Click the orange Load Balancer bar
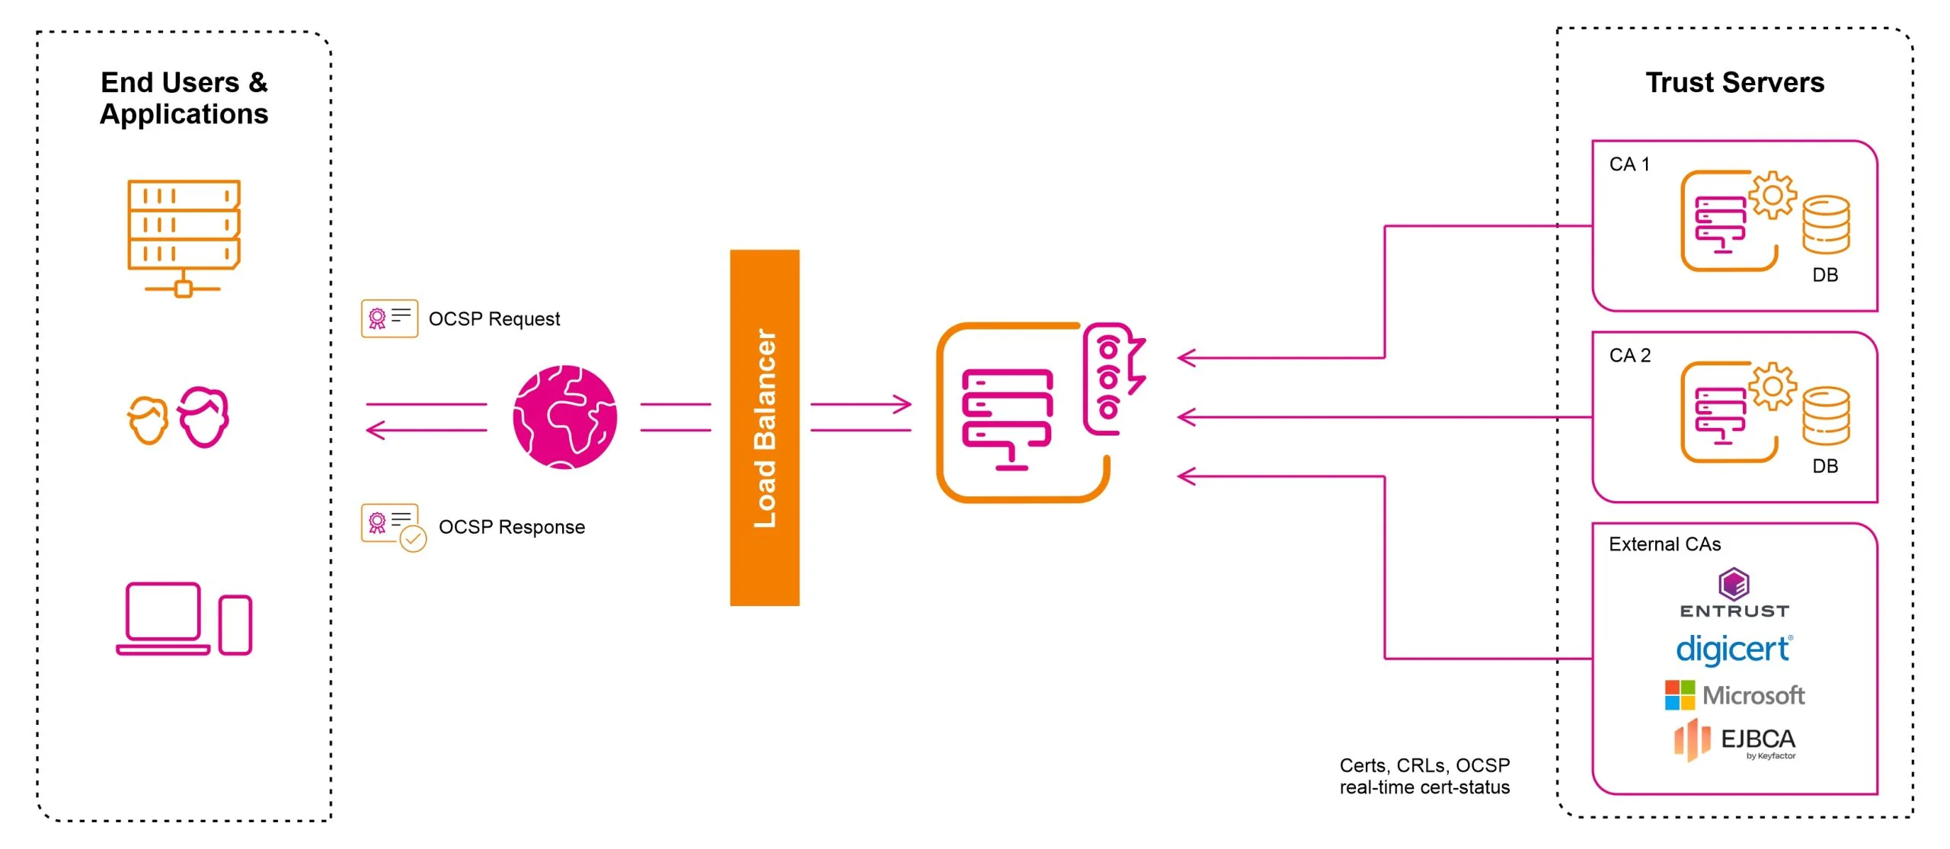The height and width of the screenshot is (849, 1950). tap(764, 427)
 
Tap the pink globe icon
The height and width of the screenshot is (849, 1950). tap(564, 417)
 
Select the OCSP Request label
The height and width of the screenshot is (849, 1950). tap(494, 319)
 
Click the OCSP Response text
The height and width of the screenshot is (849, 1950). tap(511, 527)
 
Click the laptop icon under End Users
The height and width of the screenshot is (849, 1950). tap(163, 618)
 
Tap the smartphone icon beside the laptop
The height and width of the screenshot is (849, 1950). tap(235, 625)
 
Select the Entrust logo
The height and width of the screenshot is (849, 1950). tap(1734, 593)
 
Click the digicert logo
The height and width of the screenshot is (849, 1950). tap(1734, 650)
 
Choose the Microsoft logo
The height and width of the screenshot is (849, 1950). tap(1734, 695)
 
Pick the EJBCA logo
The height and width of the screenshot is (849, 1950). tap(1734, 740)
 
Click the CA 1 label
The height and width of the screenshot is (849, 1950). tap(1629, 164)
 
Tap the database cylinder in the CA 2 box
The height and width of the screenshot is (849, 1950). tap(1825, 416)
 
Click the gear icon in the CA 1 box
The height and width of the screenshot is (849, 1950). tap(1772, 196)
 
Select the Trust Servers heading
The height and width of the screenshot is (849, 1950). tap(1734, 82)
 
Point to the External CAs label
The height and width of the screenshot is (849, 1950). tap(1664, 544)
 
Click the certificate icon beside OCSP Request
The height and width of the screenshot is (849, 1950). tap(389, 318)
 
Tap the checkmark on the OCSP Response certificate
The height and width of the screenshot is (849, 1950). tap(413, 539)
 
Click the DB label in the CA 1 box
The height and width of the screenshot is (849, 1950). tap(1825, 275)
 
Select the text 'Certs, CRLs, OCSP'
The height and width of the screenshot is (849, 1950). tap(1424, 765)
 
